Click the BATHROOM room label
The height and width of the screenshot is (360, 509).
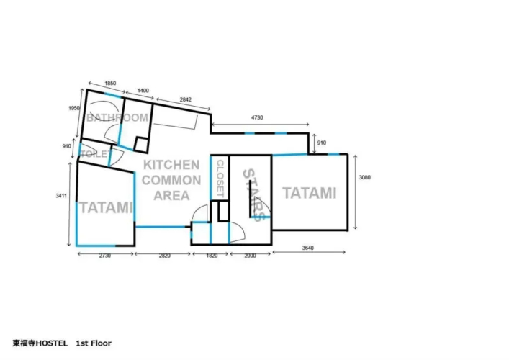[117, 117]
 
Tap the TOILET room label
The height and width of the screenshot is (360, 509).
[96, 154]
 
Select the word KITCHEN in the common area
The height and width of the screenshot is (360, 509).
[171, 165]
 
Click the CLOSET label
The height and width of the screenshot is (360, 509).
[220, 179]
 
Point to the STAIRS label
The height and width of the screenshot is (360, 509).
[253, 195]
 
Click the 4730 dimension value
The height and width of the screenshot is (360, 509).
[257, 117]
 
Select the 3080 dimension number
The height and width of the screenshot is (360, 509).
[364, 177]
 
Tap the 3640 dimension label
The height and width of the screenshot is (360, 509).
[307, 248]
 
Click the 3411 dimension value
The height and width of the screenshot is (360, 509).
[61, 196]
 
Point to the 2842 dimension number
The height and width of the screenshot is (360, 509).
[185, 99]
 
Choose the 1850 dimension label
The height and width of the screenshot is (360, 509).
[110, 84]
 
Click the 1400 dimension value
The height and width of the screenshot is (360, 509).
[143, 91]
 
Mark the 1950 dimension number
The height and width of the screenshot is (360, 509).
[73, 108]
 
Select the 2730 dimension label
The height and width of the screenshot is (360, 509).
[104, 256]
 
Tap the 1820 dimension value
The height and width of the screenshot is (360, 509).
[212, 256]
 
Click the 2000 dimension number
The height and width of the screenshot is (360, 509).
[250, 256]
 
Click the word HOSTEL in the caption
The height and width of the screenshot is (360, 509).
[52, 343]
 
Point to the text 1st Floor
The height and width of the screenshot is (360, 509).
[94, 343]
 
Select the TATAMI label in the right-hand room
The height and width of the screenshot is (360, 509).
[310, 193]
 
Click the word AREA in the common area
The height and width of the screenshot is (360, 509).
[171, 195]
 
